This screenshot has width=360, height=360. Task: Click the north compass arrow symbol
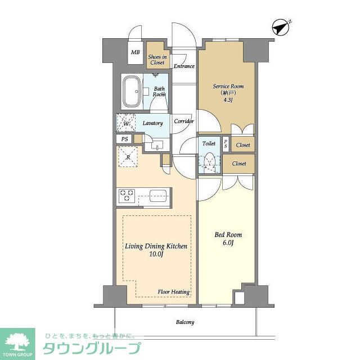tap(281, 28)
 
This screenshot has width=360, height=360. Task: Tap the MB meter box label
tap(135, 52)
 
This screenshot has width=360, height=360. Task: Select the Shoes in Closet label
tap(157, 60)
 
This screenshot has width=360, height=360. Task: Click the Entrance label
tap(184, 66)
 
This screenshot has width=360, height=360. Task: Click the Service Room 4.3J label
tap(228, 93)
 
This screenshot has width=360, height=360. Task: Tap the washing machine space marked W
tap(126, 123)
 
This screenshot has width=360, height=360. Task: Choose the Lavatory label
tap(152, 123)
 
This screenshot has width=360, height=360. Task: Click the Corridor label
tap(184, 121)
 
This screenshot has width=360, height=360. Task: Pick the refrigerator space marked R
tap(128, 156)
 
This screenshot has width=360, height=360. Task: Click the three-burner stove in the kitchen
tap(127, 195)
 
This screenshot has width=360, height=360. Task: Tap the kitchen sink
tap(158, 196)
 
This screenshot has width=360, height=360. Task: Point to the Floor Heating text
tap(174, 292)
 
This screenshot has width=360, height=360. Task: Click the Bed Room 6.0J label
tap(228, 238)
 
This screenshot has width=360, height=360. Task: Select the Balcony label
tap(185, 322)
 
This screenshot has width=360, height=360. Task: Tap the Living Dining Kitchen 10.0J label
tap(156, 250)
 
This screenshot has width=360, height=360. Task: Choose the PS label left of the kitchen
tap(125, 139)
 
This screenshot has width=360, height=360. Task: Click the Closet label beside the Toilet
tap(239, 164)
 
